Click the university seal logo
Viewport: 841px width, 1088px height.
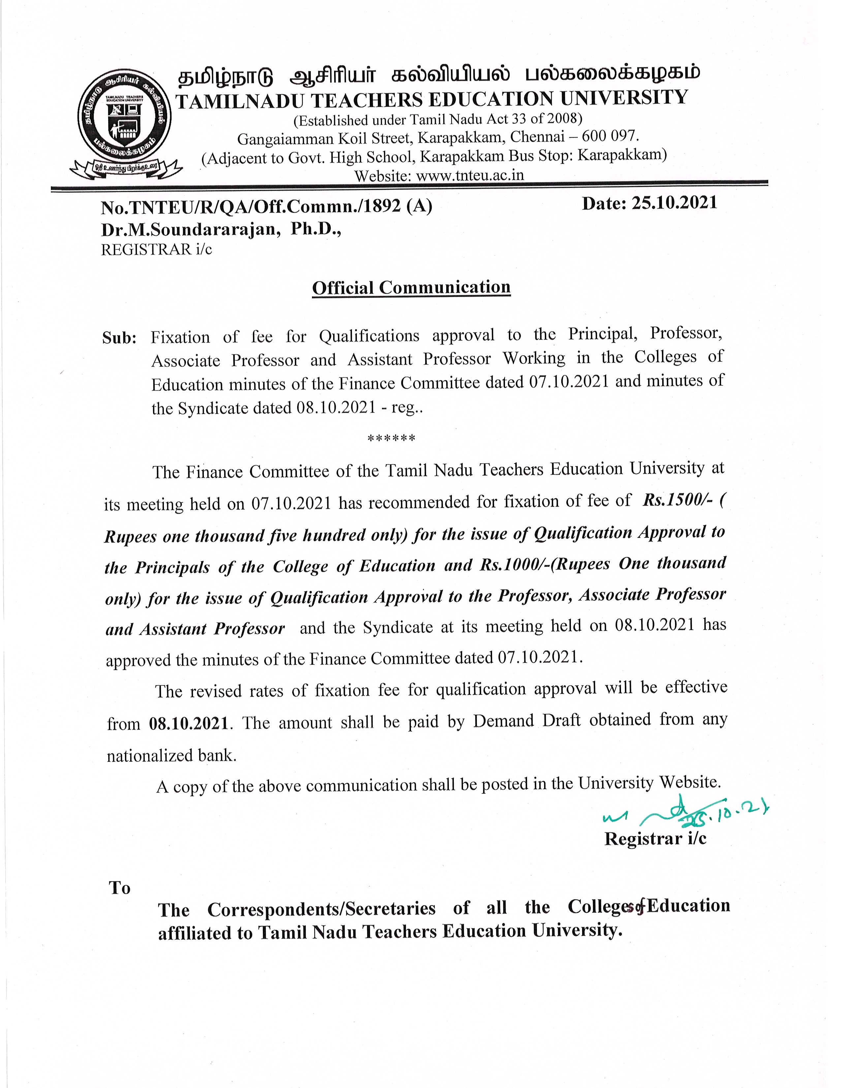click(x=125, y=118)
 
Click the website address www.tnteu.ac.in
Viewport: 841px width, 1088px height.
click(x=469, y=176)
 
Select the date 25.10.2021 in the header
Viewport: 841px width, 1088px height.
click(x=674, y=203)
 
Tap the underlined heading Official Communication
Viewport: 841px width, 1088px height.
click(x=411, y=287)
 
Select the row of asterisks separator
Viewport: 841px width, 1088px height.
click(x=391, y=439)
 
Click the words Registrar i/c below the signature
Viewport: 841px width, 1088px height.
click(x=655, y=839)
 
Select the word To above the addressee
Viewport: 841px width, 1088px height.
click(x=120, y=888)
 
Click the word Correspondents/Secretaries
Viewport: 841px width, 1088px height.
click(x=321, y=909)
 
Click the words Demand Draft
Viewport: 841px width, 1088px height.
click(x=527, y=721)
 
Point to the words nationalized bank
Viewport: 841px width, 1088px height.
click(x=171, y=756)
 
